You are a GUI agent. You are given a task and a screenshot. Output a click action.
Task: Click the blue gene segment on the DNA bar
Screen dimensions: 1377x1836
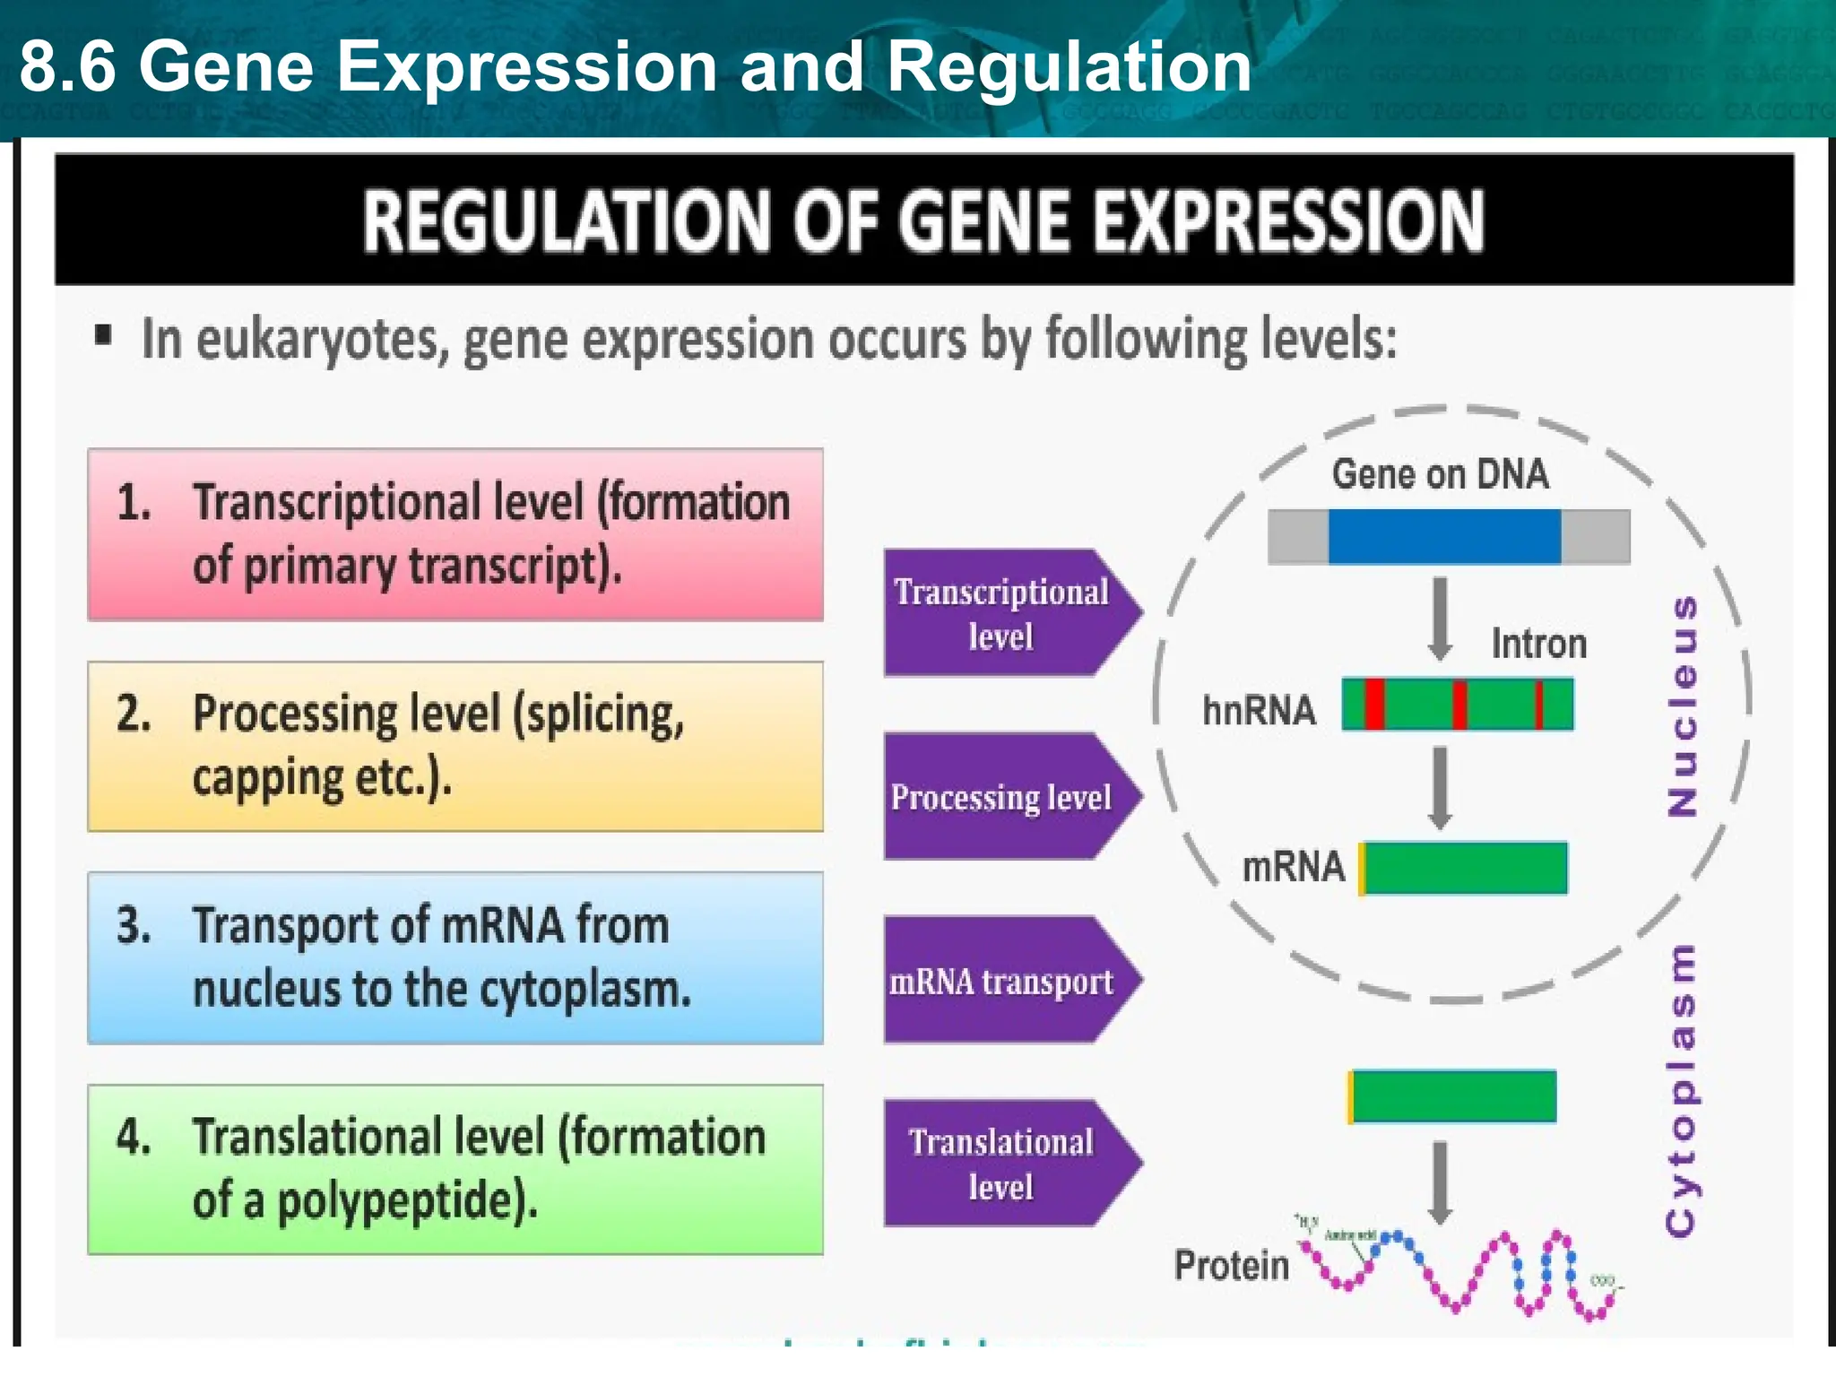click(x=1443, y=536)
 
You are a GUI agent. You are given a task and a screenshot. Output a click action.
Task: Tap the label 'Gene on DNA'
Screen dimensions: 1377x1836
click(x=1440, y=474)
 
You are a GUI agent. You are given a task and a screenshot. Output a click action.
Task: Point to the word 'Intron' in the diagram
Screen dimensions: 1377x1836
click(x=1538, y=644)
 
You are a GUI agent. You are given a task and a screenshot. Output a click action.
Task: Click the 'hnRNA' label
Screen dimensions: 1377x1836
click(x=1259, y=711)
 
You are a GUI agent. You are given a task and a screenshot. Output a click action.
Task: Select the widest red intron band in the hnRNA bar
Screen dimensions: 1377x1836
click(x=1374, y=705)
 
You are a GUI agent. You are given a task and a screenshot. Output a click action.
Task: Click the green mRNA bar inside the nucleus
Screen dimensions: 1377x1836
click(x=1465, y=868)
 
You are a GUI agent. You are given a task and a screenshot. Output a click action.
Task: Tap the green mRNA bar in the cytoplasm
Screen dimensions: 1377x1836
click(x=1453, y=1096)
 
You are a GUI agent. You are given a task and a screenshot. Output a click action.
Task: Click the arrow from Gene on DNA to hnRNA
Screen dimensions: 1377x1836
click(x=1440, y=619)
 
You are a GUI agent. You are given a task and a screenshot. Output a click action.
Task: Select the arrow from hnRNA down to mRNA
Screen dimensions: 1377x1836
click(x=1440, y=788)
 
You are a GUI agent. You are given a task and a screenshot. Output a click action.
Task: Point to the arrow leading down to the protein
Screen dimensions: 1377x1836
click(x=1440, y=1182)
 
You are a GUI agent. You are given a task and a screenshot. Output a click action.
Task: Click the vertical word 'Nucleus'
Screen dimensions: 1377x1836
click(x=1682, y=706)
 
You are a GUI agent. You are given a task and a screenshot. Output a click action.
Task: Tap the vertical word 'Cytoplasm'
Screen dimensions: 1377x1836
click(x=1680, y=1090)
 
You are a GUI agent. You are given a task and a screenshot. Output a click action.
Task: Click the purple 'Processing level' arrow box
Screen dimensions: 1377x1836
click(x=1002, y=797)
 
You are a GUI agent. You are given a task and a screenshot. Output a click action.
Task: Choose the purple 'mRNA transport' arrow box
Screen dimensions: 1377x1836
click(x=1002, y=981)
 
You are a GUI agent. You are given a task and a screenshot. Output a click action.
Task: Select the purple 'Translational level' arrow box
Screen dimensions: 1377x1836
click(x=1002, y=1164)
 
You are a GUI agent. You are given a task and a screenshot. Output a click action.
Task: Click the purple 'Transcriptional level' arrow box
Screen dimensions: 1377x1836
click(x=1002, y=613)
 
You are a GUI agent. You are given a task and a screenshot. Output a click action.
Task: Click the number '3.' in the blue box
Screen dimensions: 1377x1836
click(x=134, y=925)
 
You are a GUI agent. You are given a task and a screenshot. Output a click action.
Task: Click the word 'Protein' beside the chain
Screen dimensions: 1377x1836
click(x=1232, y=1266)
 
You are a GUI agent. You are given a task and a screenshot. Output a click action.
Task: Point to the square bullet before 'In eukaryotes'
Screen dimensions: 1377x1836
click(x=103, y=336)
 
